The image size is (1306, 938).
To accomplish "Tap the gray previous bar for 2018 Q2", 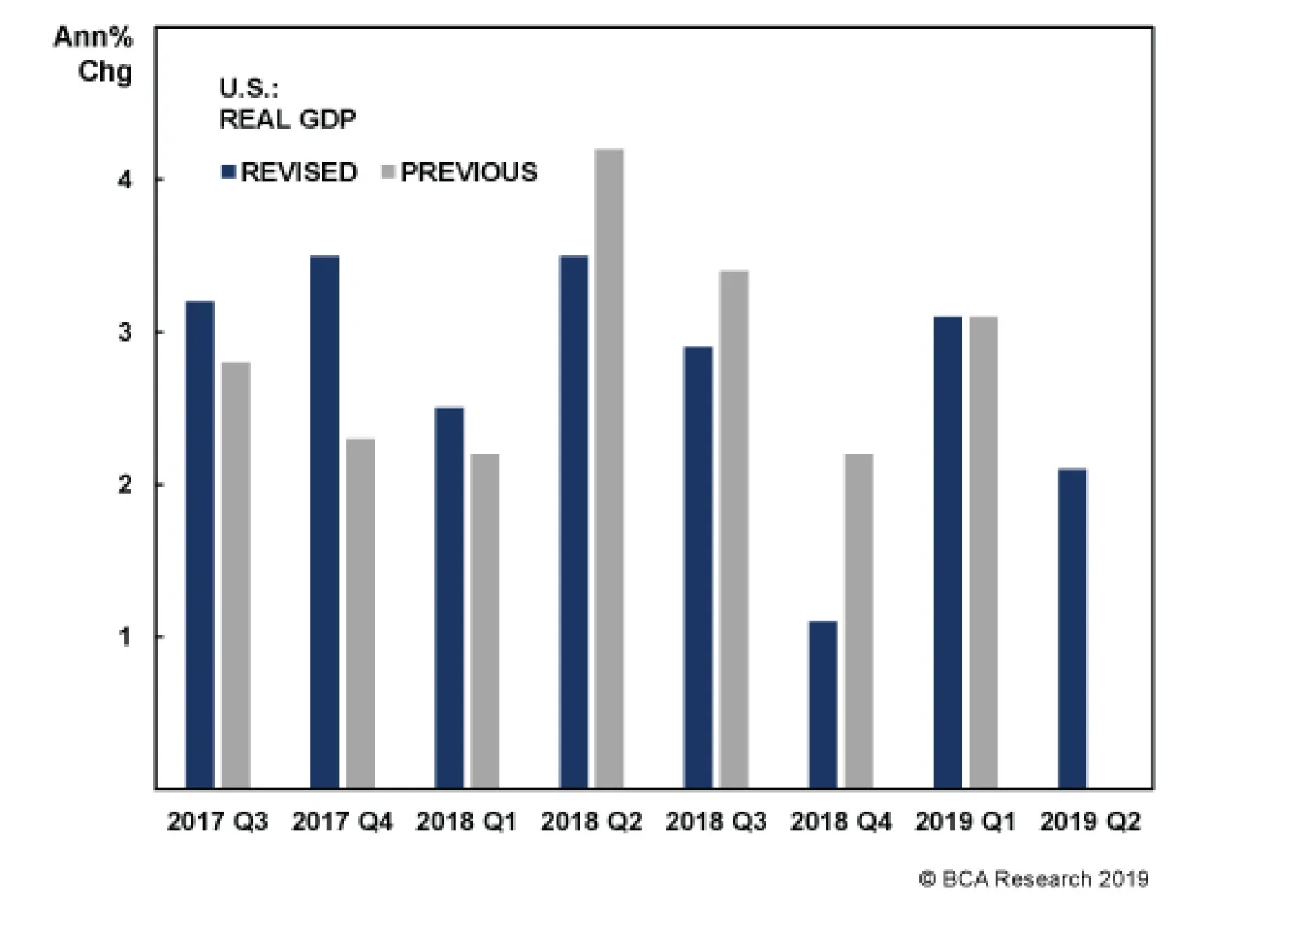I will coord(609,468).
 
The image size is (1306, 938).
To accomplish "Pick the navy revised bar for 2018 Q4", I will coord(823,705).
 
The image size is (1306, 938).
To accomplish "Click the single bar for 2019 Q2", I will coord(1072,628).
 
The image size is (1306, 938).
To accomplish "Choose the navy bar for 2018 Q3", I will coord(698,567).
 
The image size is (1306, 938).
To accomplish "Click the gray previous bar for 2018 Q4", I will coord(859,621).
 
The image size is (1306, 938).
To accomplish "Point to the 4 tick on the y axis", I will coord(124,179).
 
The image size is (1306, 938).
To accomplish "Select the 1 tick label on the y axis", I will coord(124,636).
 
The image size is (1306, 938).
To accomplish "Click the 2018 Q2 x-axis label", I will coord(591,821).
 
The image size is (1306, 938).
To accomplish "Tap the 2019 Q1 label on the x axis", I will coord(965,821).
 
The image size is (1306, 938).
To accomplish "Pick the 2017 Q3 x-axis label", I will coord(217,821).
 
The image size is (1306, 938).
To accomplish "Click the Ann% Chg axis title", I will coord(93,54).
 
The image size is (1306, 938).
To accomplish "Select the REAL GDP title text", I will coord(287,119).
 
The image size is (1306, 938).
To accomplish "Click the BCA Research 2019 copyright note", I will coord(1033,879).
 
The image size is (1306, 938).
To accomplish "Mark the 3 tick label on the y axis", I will coord(124,332).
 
